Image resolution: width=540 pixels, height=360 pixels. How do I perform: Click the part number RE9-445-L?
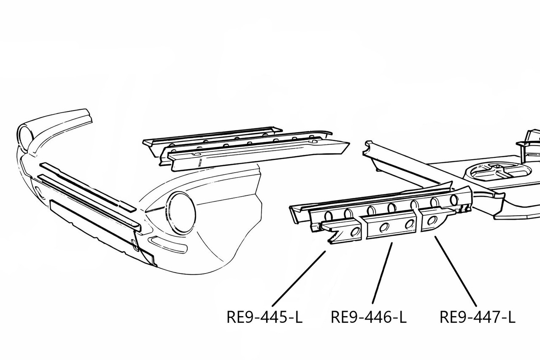264,317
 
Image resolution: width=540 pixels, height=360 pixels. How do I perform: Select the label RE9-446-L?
368,317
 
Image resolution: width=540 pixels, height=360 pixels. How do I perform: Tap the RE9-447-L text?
477,317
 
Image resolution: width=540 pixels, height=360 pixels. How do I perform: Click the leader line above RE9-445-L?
299,279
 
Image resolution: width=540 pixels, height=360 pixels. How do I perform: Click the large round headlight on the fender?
182,212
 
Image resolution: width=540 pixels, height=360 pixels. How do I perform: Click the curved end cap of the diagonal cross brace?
367,148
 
